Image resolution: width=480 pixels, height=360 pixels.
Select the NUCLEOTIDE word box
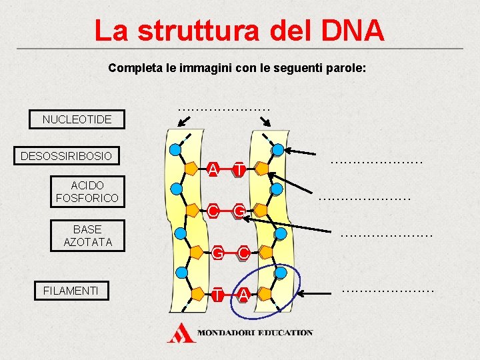(77, 119)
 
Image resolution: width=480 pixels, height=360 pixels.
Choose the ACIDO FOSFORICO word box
(87, 191)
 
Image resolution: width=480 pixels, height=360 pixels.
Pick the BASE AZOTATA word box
(87, 235)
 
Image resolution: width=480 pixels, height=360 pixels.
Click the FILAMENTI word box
(71, 290)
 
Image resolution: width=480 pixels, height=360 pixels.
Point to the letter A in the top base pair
(212, 169)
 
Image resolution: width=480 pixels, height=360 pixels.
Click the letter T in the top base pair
(238, 170)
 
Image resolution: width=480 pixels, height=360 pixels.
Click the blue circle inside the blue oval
(281, 273)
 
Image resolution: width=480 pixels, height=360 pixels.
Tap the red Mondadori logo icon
(181, 333)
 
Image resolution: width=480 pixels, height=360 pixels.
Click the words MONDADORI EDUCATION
(255, 332)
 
